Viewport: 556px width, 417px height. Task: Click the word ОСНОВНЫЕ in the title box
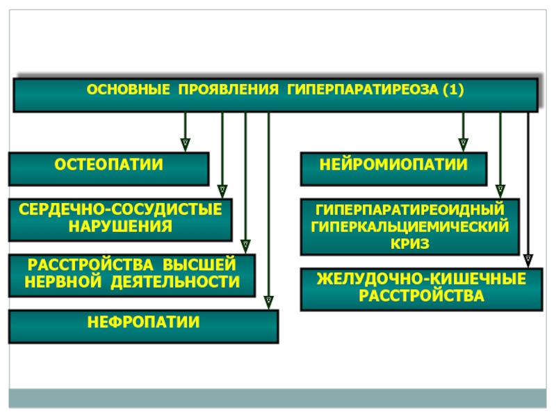pos(129,90)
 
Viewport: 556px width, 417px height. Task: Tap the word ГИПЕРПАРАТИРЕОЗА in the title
pos(363,90)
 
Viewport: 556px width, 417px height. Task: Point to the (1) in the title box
pos(454,90)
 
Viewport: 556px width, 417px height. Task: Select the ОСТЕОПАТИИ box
pos(108,169)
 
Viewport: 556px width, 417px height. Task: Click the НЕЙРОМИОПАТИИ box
pos(393,169)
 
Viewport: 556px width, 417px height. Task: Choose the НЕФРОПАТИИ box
pos(144,327)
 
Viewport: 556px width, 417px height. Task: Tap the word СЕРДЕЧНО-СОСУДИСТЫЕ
pos(120,209)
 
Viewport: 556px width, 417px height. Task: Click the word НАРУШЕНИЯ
pos(120,227)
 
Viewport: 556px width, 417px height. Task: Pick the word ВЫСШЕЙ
pos(199,265)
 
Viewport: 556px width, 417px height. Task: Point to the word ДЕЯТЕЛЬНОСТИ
pos(175,282)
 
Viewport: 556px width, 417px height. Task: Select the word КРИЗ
pos(410,244)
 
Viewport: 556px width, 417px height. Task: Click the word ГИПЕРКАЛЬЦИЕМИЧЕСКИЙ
pos(410,227)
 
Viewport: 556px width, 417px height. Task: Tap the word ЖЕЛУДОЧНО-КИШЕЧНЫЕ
pos(422,279)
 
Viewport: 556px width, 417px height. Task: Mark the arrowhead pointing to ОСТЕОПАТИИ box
pos(185,145)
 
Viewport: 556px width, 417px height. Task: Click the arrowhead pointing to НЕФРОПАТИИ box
pos(269,302)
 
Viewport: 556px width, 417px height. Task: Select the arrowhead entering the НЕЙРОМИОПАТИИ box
pos(463,145)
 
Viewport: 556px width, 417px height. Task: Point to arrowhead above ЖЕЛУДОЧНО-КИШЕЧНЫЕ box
pos(528,261)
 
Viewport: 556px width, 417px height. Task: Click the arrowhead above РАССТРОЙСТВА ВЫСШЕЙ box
pos(245,247)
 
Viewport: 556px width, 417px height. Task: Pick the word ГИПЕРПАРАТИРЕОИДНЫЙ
pos(410,210)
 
